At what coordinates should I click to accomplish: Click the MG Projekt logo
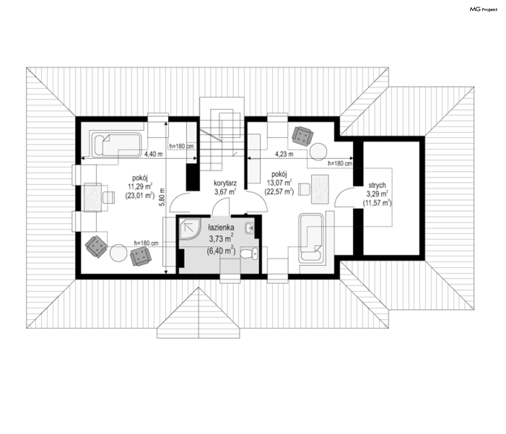pyautogui.click(x=484, y=9)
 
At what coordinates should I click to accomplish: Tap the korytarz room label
pyautogui.click(x=225, y=183)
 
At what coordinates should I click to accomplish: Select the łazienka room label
pyautogui.click(x=221, y=227)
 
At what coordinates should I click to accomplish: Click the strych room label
pyautogui.click(x=377, y=185)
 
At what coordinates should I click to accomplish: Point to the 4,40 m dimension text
pyautogui.click(x=154, y=154)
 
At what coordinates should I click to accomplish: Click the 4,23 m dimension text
pyautogui.click(x=284, y=154)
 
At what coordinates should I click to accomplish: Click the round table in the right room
pyautogui.click(x=318, y=151)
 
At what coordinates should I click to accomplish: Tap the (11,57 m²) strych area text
pyautogui.click(x=377, y=203)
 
